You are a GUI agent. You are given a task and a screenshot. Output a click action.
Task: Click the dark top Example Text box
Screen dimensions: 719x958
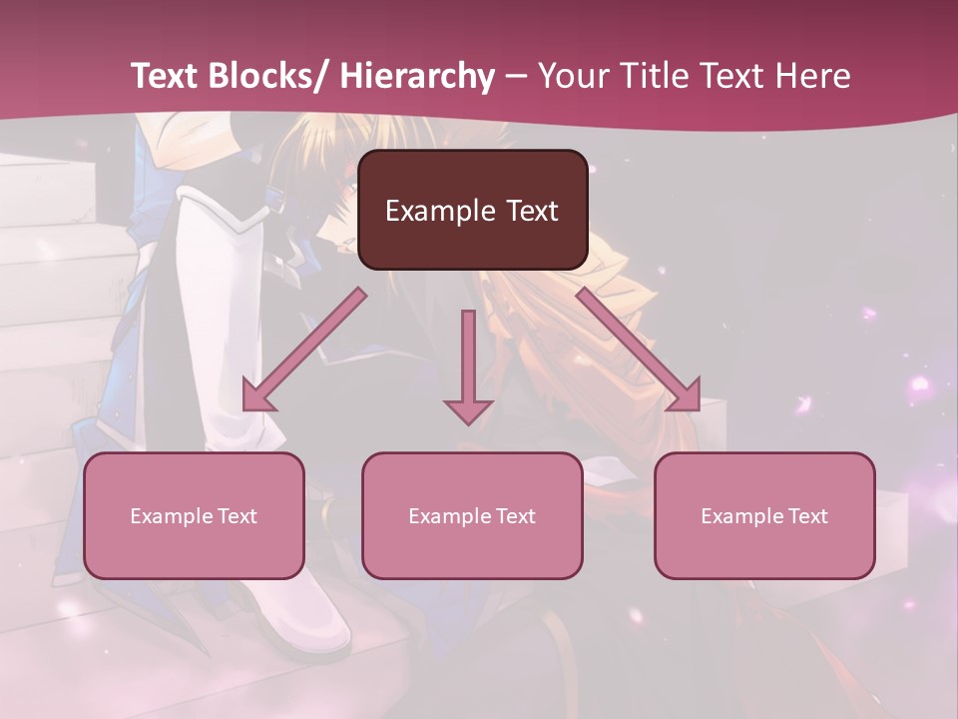(472, 210)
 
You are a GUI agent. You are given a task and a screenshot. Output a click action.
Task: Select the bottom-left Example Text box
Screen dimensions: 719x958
(194, 516)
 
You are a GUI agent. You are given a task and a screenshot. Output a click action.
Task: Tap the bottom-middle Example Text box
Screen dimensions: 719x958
(472, 516)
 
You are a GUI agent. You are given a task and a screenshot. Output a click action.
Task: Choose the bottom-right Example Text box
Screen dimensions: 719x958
(764, 516)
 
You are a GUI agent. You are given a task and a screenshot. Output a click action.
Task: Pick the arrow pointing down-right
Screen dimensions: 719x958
(639, 350)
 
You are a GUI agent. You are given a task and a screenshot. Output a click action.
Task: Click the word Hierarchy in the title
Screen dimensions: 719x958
(417, 76)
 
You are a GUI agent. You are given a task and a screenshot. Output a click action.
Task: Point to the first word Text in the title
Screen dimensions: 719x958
(168, 76)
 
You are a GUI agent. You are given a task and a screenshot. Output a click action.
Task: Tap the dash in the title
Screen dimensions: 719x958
(516, 76)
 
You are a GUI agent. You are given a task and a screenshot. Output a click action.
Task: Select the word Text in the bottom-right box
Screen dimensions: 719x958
(806, 516)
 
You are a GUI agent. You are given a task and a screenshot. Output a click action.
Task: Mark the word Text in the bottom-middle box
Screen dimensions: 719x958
(514, 516)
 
